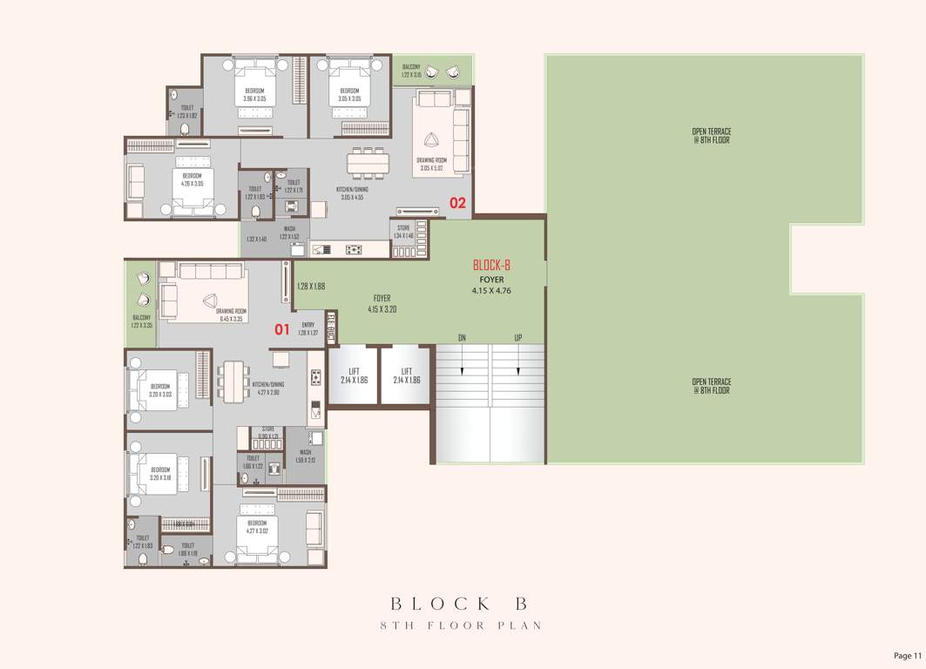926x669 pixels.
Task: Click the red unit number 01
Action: click(x=281, y=329)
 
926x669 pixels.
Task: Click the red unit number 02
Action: click(x=457, y=203)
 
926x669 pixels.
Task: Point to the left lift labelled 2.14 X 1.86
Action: click(x=354, y=375)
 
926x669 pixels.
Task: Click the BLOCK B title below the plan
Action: click(x=460, y=603)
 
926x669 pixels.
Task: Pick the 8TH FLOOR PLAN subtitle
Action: click(x=460, y=625)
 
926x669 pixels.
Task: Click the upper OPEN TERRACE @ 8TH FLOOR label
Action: click(x=711, y=137)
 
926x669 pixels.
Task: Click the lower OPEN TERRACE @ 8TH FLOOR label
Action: click(x=711, y=386)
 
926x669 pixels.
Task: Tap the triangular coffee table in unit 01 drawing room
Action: click(x=208, y=301)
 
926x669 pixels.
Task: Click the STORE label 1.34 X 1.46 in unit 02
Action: click(x=402, y=233)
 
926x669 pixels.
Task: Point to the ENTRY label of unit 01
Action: click(x=308, y=328)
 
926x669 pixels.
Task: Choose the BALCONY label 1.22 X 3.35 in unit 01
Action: click(x=141, y=321)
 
